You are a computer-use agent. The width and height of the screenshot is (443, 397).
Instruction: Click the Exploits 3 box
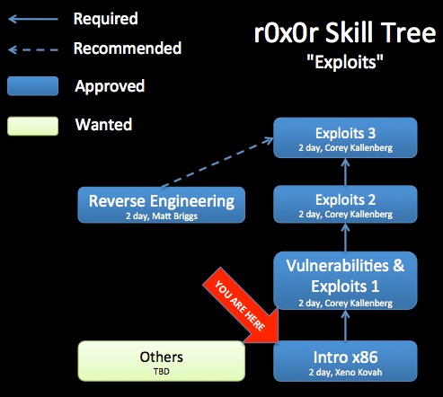[x=345, y=137]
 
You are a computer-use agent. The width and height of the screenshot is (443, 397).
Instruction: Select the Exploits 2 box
[x=345, y=205]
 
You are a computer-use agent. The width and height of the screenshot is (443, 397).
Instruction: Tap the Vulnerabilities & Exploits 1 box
[x=345, y=280]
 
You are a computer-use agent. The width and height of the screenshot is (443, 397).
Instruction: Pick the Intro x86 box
[x=345, y=361]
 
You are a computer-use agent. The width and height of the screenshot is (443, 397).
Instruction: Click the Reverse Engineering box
[x=162, y=205]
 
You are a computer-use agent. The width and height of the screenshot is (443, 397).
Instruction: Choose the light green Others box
[x=162, y=361]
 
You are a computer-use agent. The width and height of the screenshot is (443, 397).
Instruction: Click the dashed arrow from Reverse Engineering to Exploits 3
[x=217, y=162]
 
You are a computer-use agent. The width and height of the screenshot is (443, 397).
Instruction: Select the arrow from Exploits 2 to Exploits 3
[x=345, y=172]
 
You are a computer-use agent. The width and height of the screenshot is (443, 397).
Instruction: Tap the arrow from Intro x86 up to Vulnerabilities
[x=345, y=325]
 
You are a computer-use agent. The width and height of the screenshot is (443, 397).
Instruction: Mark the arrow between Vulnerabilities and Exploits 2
[x=345, y=238]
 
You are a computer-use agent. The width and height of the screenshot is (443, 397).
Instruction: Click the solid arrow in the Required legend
[x=33, y=19]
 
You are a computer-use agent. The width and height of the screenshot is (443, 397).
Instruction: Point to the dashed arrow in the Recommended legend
[x=33, y=49]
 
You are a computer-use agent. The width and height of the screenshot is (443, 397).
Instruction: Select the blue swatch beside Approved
[x=32, y=86]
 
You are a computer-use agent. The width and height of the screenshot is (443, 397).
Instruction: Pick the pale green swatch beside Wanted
[x=32, y=126]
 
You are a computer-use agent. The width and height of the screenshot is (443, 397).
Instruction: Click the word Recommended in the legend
[x=128, y=49]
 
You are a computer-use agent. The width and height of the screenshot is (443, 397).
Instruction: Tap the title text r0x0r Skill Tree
[x=345, y=32]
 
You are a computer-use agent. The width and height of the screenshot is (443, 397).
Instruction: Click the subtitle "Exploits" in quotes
[x=345, y=62]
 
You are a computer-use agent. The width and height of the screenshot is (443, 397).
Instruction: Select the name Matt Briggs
[x=174, y=216]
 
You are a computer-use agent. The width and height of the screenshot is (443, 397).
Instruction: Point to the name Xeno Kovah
[x=359, y=372]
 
